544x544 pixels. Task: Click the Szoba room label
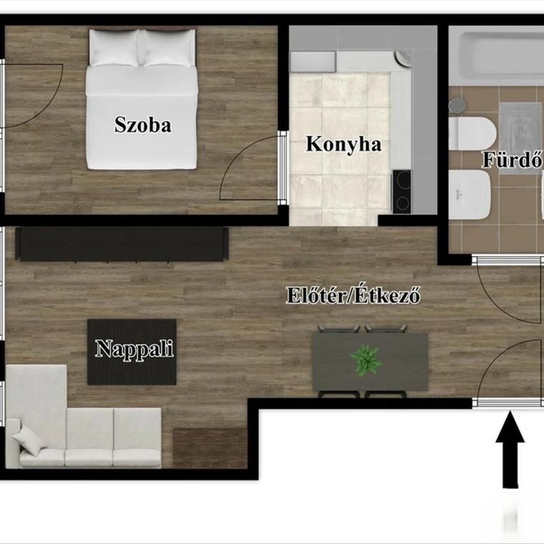tap(143, 125)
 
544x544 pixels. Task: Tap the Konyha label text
tap(343, 144)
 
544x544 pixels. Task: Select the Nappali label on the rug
tap(135, 349)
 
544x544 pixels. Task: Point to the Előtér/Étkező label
tap(353, 296)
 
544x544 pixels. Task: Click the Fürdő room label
tap(513, 160)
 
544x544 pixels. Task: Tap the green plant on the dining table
tap(366, 361)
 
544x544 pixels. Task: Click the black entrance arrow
tap(510, 449)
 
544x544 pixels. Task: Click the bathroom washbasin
tap(470, 195)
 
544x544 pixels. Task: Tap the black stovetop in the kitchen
tap(402, 192)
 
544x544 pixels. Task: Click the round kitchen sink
tap(403, 59)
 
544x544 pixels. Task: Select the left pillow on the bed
tap(115, 48)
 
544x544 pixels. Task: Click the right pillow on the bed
tap(168, 48)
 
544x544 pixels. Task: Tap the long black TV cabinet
tap(122, 244)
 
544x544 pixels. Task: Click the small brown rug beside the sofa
tap(210, 448)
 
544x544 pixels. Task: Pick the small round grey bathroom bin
tap(457, 106)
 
